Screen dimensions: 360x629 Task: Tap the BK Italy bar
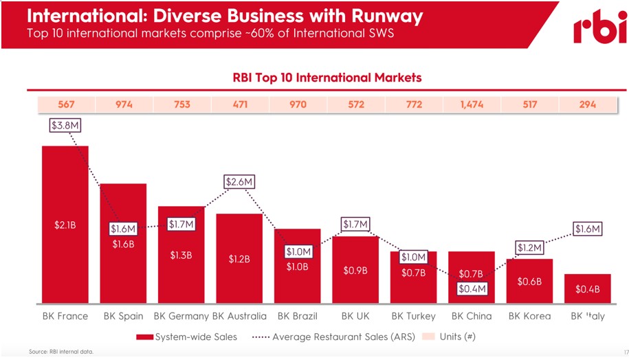[x=587, y=289]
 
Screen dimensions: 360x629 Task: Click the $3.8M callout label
[x=65, y=125]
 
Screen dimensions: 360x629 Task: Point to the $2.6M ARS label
[x=239, y=181]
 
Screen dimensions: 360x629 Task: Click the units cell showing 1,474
[x=471, y=104]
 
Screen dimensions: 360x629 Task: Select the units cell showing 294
[x=587, y=104]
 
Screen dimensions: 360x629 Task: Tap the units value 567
[x=65, y=104]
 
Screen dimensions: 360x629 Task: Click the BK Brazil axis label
[x=297, y=316]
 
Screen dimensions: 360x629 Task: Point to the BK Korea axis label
[x=529, y=316]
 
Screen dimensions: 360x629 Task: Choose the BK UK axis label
[x=355, y=316]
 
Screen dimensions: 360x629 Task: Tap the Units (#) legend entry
[x=449, y=337]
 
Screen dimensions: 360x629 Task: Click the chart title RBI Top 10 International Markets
[x=327, y=78]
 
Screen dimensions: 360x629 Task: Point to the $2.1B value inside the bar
[x=65, y=224]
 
